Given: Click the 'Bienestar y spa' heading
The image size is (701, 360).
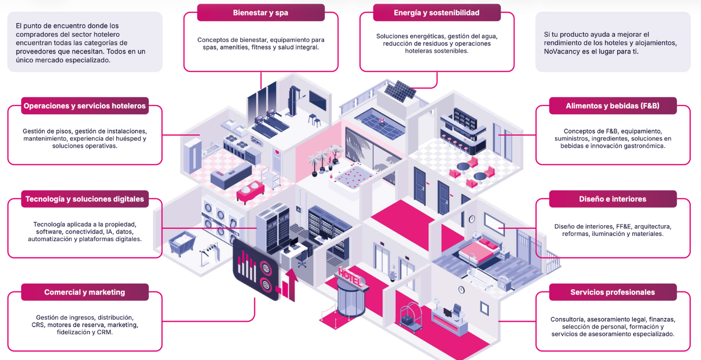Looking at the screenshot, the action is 261,13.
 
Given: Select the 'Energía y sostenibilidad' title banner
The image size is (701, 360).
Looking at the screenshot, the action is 437,13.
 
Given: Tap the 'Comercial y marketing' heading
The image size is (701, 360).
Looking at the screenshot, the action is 85,292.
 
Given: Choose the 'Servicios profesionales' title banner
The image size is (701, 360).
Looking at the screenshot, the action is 613,292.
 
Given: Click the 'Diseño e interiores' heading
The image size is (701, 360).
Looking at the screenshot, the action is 613,199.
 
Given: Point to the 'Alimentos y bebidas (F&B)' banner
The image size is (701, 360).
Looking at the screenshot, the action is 613,106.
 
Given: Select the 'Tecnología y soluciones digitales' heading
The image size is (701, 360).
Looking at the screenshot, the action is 85,199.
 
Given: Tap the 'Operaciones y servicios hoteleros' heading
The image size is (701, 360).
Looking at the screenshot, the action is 85,106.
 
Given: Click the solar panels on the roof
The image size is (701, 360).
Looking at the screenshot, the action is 400,91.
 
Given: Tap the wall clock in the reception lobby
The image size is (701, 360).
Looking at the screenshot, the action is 461,290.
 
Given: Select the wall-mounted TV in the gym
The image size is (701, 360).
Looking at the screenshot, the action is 318,100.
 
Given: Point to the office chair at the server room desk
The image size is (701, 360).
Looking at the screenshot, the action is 302,259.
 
